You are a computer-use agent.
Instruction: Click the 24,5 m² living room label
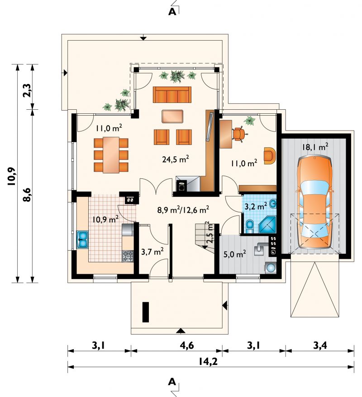point(175,159)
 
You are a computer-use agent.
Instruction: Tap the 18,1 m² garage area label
point(315,147)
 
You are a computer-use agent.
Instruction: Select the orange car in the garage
point(315,202)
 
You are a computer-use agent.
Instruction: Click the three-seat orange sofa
point(172,95)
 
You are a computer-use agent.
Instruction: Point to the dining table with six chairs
point(111,155)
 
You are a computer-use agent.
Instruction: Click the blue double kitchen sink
point(82,239)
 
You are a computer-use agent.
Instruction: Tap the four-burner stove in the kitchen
point(128,256)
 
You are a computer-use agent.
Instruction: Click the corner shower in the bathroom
point(267,224)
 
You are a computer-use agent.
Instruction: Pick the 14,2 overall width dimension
point(208,362)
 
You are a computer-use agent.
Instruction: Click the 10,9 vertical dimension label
point(12,177)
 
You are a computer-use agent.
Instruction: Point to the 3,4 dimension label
point(319,346)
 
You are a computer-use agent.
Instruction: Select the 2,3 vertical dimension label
point(27,90)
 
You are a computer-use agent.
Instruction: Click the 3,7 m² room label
point(152,252)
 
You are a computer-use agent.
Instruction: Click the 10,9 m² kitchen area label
point(105,219)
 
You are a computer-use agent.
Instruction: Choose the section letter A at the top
point(172,12)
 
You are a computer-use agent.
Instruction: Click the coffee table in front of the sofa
point(172,116)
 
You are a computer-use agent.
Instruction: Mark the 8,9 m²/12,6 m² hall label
point(183,210)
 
